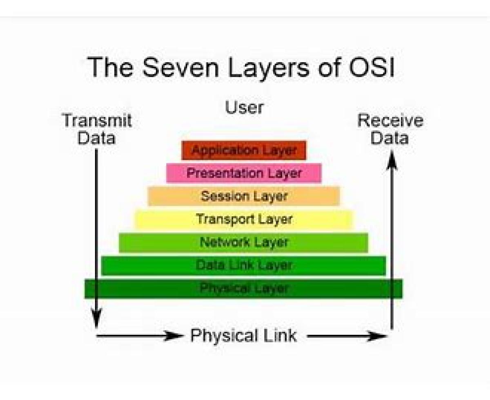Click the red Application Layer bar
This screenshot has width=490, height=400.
click(244, 150)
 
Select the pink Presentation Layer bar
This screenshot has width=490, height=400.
click(244, 173)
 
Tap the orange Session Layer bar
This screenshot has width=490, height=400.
click(244, 196)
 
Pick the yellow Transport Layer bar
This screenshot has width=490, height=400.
click(244, 219)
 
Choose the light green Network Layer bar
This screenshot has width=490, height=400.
click(244, 242)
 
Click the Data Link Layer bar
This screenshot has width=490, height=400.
click(244, 265)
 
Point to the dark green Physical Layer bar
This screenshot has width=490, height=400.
click(244, 288)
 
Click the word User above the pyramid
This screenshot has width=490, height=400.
click(244, 107)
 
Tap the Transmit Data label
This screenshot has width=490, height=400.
click(97, 129)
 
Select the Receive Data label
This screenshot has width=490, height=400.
click(390, 129)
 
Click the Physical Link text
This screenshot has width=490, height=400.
click(244, 336)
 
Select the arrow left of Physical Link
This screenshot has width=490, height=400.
click(139, 336)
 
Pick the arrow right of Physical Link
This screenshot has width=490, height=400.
click(347, 336)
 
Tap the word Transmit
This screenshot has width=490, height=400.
click(97, 121)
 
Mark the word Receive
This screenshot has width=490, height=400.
click(390, 121)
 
